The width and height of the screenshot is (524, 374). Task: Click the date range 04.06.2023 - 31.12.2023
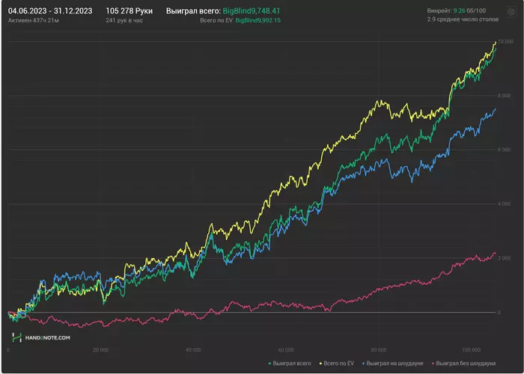coord(50,11)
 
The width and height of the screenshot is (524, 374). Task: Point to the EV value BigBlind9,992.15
coord(258,21)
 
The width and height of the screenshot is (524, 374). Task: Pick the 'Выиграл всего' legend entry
coord(290,364)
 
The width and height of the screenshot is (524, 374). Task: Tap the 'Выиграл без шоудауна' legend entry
coord(464,364)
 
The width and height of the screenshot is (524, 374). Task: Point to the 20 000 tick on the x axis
coord(100,349)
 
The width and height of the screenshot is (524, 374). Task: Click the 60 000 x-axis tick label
coord(285,349)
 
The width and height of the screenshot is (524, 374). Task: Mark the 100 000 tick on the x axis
coord(470,349)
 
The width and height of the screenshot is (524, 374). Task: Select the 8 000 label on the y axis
coord(505,95)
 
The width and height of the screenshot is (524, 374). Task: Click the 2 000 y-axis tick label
coord(505,258)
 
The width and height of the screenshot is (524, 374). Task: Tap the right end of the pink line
coord(495,253)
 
